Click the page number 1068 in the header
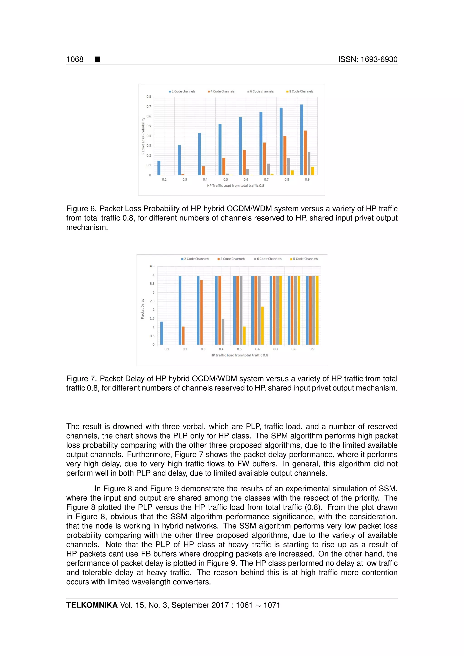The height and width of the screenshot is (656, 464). pos(75,59)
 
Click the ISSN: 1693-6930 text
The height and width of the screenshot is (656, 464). pos(367,59)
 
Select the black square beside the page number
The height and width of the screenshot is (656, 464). pos(97,59)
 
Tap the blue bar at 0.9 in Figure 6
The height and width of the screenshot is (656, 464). pos(301,140)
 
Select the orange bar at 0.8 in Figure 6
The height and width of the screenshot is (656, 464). pos(285,155)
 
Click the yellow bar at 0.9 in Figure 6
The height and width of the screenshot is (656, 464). pos(313,171)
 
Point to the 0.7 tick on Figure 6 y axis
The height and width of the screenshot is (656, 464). pos(149,106)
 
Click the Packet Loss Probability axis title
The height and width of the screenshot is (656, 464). pos(143,136)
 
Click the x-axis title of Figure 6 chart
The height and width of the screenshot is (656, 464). pos(235,186)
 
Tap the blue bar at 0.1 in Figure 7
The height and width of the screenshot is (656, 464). pos(162,333)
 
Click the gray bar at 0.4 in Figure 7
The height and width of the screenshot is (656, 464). pos(223,331)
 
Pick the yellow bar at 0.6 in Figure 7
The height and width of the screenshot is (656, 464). pos(262,326)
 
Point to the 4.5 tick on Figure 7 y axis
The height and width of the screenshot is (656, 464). pos(152,266)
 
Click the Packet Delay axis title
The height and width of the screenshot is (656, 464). pos(142,309)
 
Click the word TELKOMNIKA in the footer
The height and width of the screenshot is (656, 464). pos(92,605)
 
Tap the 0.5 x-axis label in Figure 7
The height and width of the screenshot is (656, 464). pos(239,349)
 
